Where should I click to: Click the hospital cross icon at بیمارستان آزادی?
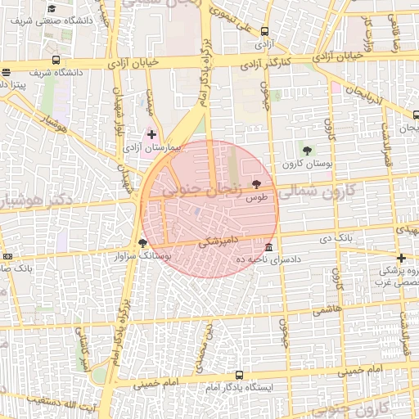(151, 133)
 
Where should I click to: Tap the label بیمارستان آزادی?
(144, 149)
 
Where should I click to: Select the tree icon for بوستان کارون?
(307, 150)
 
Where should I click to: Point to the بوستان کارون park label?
(305, 165)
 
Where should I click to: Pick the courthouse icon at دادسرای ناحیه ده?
(269, 247)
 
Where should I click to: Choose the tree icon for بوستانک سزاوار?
(144, 242)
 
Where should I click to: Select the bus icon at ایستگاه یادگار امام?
(238, 376)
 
